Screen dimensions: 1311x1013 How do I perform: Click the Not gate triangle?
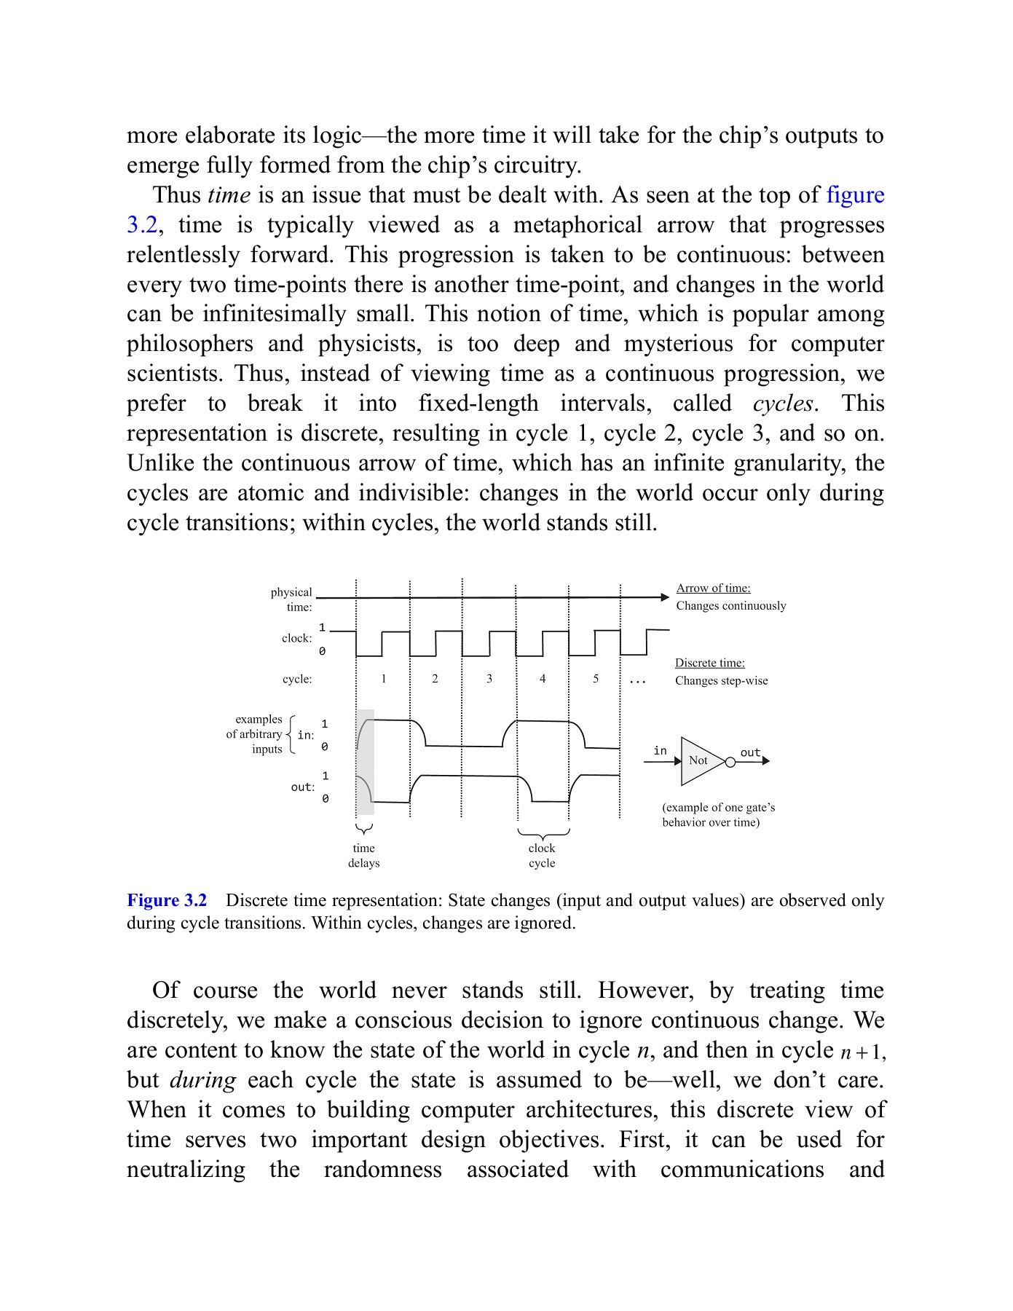[699, 760]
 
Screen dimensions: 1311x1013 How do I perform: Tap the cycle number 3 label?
[489, 679]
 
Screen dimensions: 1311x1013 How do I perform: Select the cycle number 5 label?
[596, 679]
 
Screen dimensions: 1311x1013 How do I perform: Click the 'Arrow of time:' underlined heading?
[713, 588]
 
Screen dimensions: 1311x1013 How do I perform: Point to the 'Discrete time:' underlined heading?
[709, 663]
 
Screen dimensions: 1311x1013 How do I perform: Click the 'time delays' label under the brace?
[363, 856]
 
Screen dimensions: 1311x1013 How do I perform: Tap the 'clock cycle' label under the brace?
[542, 856]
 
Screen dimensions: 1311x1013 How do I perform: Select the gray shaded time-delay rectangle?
[366, 762]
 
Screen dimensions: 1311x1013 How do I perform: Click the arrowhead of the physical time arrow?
[664, 597]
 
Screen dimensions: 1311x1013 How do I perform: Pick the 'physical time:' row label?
[292, 599]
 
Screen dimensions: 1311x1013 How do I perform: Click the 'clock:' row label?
[297, 639]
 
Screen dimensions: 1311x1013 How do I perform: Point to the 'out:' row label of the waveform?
[302, 787]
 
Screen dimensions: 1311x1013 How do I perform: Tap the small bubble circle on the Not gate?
[730, 762]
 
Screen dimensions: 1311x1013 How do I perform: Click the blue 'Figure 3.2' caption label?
[167, 901]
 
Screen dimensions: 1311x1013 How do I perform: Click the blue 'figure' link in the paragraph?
[855, 195]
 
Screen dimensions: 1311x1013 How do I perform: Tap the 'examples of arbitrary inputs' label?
[255, 734]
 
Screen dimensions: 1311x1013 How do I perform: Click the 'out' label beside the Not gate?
[750, 752]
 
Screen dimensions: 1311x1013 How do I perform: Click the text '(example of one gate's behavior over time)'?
[717, 815]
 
